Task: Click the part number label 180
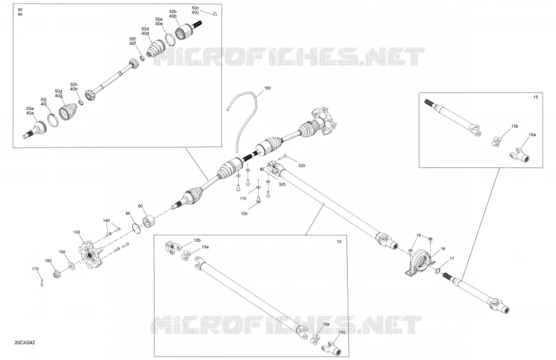[x=267, y=88]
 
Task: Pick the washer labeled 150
[x=71, y=265]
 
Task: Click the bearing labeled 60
[x=149, y=221]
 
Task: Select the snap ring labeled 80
[x=136, y=228]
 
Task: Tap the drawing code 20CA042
[x=25, y=342]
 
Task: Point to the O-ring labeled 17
[x=438, y=270]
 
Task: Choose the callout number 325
[x=282, y=184]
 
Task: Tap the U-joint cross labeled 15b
[x=497, y=141]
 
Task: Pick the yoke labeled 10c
[x=332, y=349]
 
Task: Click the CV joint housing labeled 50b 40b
[x=184, y=32]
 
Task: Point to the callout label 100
[x=244, y=214]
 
